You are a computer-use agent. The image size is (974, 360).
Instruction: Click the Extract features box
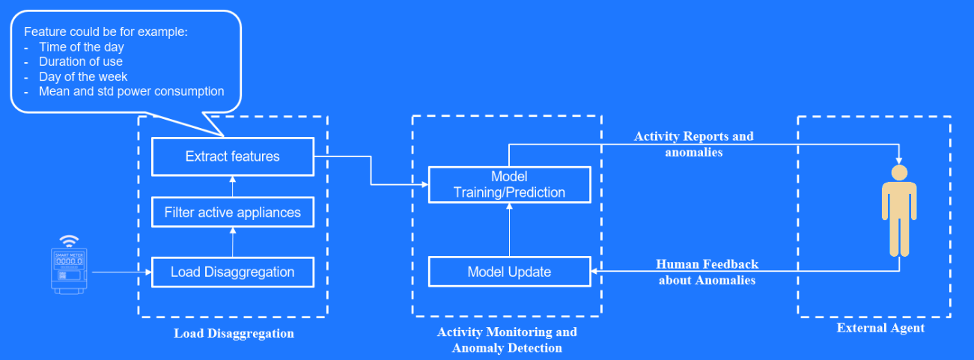[232, 156]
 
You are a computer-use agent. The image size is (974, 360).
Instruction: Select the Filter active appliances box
[232, 213]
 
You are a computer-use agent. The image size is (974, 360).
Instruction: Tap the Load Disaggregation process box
[232, 272]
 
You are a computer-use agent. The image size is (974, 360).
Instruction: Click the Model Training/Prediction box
[509, 184]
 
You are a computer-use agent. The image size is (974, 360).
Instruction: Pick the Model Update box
[509, 272]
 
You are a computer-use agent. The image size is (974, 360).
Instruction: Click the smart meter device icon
[70, 270]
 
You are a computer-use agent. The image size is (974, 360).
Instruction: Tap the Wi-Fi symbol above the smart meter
[70, 240]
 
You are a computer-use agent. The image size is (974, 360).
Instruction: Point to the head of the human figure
[899, 173]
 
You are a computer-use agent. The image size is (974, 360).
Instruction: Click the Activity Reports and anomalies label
[693, 144]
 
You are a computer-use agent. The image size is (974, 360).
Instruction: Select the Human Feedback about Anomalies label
[707, 272]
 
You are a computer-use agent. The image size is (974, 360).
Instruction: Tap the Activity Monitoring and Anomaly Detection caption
[507, 340]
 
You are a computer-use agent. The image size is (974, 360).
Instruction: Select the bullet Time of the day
[82, 47]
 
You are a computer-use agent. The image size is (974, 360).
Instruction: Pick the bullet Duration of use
[81, 62]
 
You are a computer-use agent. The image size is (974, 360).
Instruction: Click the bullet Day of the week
[83, 77]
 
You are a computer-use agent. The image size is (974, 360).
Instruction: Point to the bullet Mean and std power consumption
[132, 91]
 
